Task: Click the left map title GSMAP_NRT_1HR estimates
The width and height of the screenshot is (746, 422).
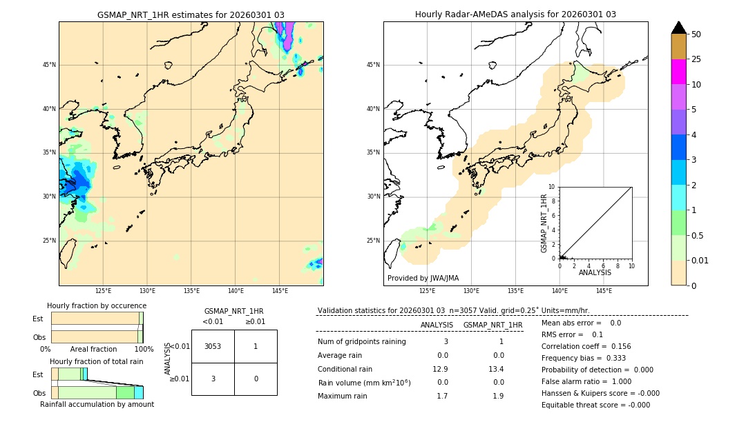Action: pyautogui.click(x=191, y=14)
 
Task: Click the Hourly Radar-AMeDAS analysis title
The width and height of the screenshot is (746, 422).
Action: pyautogui.click(x=515, y=14)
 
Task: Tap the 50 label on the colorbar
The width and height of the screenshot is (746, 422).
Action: pyautogui.click(x=696, y=34)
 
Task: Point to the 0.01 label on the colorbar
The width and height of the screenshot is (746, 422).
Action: pyautogui.click(x=700, y=260)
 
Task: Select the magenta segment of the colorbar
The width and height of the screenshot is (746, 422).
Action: pyautogui.click(x=679, y=72)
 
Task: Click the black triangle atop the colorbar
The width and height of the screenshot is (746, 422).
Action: pyautogui.click(x=679, y=28)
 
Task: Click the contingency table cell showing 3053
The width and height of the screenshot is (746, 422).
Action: pyautogui.click(x=213, y=346)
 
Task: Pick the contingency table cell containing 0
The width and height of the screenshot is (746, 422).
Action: pyautogui.click(x=256, y=379)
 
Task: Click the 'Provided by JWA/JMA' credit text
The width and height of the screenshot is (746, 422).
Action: pyautogui.click(x=423, y=278)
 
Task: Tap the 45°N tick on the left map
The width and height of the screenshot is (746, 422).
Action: pyautogui.click(x=49, y=65)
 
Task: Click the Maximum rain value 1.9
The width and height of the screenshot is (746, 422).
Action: pyautogui.click(x=497, y=396)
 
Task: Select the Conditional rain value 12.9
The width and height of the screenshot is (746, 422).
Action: pyautogui.click(x=442, y=369)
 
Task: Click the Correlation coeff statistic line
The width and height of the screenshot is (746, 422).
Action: pyautogui.click(x=586, y=346)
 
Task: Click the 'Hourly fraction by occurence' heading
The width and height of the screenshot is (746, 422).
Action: pyautogui.click(x=97, y=305)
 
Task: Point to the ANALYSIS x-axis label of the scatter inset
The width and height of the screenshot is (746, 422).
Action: pyautogui.click(x=595, y=273)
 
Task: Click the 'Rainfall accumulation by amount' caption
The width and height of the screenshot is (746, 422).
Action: pyautogui.click(x=97, y=404)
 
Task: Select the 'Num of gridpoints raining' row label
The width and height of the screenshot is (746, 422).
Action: pyautogui.click(x=362, y=342)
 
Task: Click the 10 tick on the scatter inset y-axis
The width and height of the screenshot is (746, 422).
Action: pyautogui.click(x=552, y=186)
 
